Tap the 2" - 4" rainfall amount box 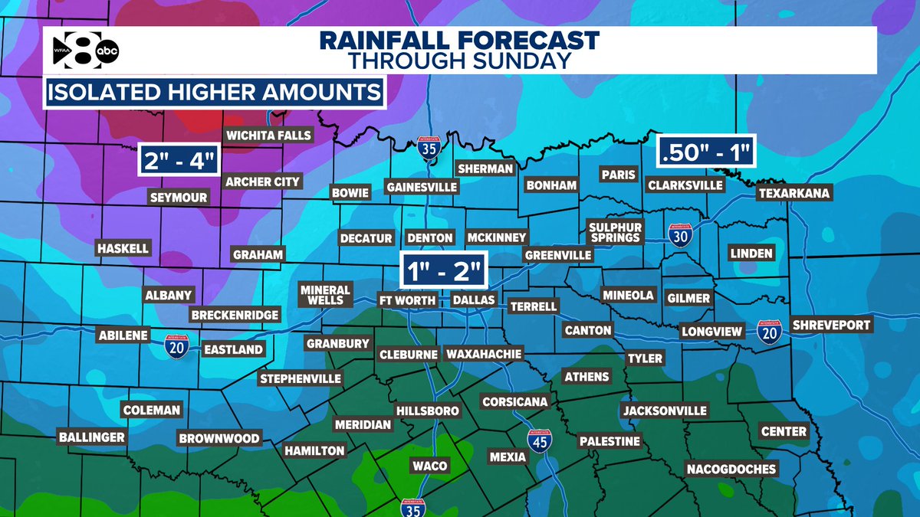[x=179, y=162]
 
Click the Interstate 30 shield [x=678, y=234]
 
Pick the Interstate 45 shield [x=539, y=440]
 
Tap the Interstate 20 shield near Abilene [x=176, y=349]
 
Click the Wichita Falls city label [x=268, y=136]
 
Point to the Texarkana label [x=794, y=193]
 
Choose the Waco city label [x=429, y=466]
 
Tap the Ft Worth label [x=408, y=300]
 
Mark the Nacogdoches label [x=731, y=469]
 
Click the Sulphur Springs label [x=614, y=231]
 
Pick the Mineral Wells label [x=325, y=295]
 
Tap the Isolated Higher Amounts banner [x=215, y=93]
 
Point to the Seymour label [x=178, y=198]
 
